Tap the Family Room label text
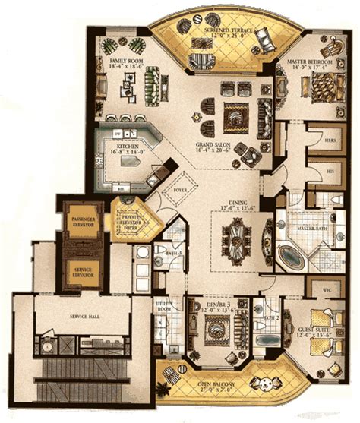click(126, 62)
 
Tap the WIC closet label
click(319, 290)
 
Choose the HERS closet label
click(331, 140)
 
